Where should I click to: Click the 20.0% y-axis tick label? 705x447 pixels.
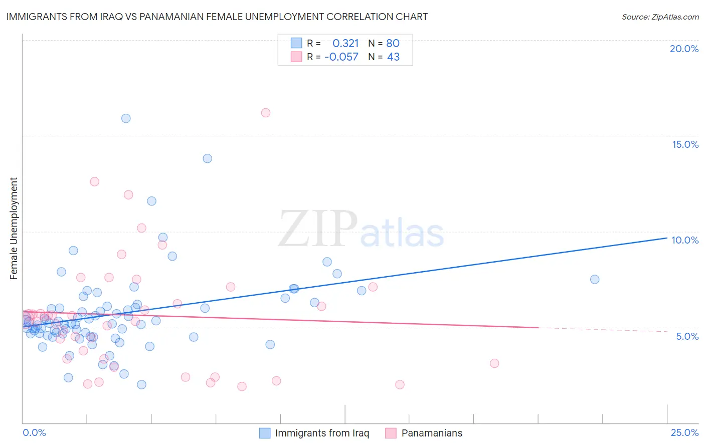point(684,49)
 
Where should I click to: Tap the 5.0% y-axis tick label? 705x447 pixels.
point(687,336)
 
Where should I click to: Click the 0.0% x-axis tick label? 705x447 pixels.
point(34,432)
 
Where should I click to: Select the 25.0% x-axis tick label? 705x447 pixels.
point(684,432)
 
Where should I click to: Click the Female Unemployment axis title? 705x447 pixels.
point(14,229)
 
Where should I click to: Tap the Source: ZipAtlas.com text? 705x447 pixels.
point(660,17)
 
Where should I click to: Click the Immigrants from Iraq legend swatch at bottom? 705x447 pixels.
point(265,433)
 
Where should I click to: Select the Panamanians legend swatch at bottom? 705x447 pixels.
point(391,433)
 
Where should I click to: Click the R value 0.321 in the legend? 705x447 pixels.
point(345,43)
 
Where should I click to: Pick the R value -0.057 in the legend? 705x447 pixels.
point(341,57)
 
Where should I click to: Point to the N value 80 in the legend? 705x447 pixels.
point(393,43)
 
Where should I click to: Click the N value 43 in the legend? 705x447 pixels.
point(393,57)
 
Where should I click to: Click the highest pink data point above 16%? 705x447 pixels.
point(266,113)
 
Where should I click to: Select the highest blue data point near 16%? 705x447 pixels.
point(126,118)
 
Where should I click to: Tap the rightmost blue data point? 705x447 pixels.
point(595,279)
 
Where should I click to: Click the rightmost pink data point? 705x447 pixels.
point(494,363)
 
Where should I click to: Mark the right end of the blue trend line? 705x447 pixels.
point(667,238)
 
